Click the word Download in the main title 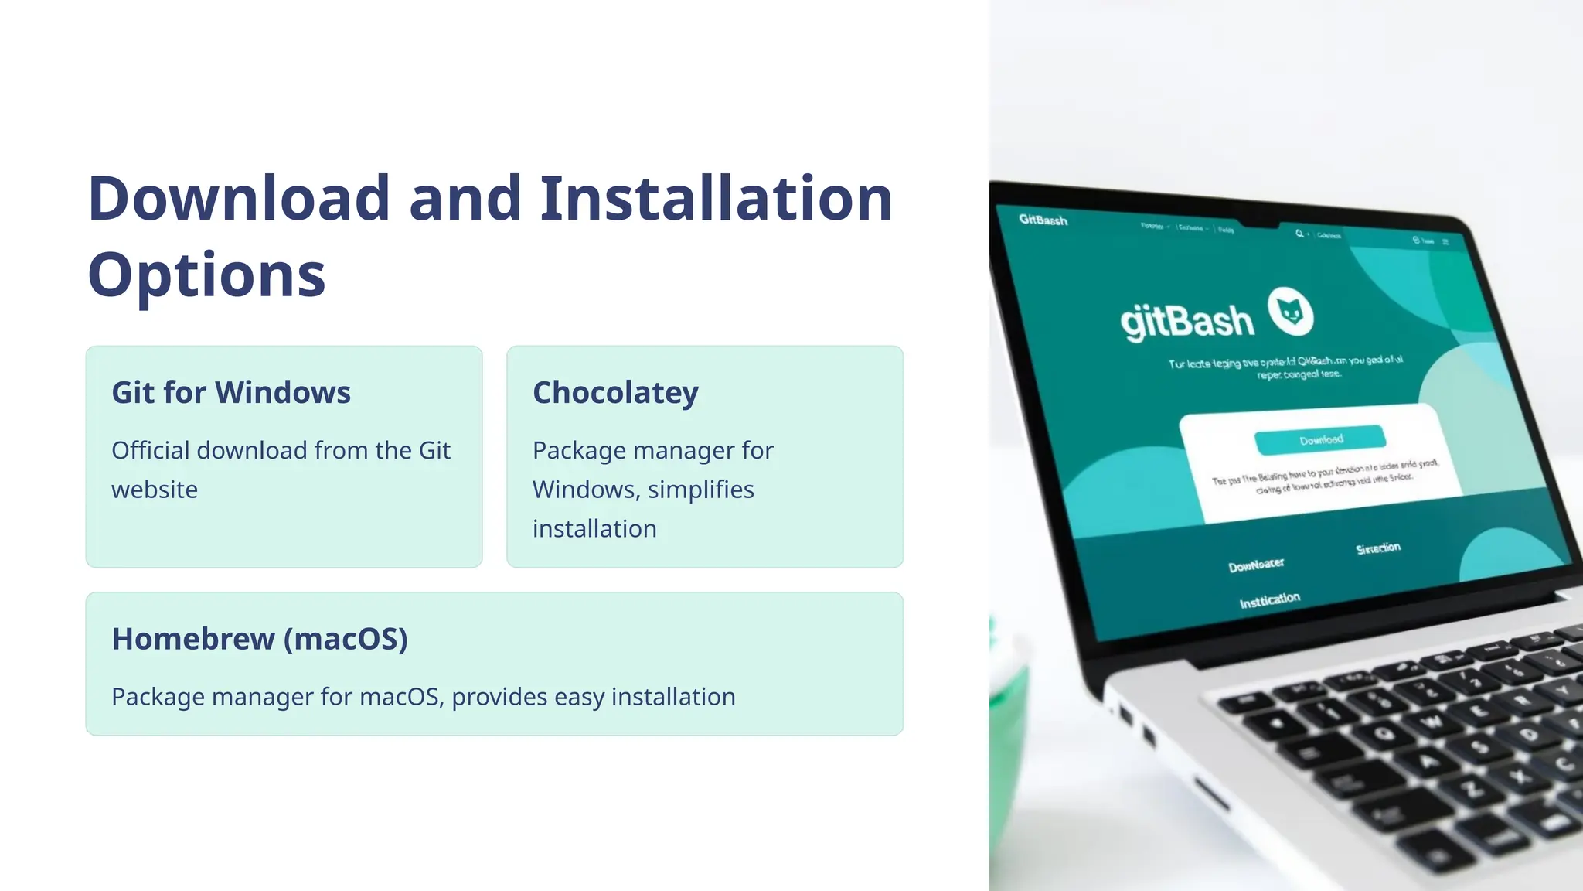tap(238, 199)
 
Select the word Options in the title tap(206, 275)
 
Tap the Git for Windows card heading tap(231, 393)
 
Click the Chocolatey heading tap(615, 393)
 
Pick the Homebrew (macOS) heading tap(260, 639)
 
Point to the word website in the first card tap(155, 490)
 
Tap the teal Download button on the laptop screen tap(1320, 439)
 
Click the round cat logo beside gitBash tap(1290, 312)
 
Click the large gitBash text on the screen tap(1186, 320)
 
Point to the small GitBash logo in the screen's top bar tap(1043, 220)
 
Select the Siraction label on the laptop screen tap(1377, 548)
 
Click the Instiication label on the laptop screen tap(1269, 600)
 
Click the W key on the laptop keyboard tap(1432, 722)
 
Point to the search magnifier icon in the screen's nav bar tap(1299, 233)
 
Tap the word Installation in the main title tap(716, 199)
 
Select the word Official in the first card tap(151, 450)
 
